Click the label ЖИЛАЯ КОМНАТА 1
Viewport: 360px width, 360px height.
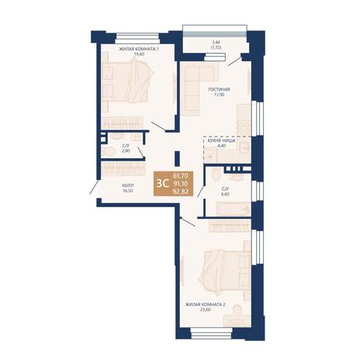[x=139, y=49]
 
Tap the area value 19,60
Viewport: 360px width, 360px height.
[x=139, y=54]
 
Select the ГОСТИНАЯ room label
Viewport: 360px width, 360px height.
[x=219, y=89]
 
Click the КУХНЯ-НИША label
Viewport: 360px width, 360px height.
[x=222, y=140]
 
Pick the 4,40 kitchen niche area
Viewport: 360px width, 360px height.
[x=222, y=146]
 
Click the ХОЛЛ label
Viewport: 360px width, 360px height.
[x=127, y=185]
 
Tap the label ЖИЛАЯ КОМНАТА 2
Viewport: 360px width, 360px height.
[x=206, y=304]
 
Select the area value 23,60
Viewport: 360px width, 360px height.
[x=206, y=310]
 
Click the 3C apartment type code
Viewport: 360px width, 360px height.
[x=161, y=183]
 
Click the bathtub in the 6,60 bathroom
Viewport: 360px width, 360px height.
[x=233, y=209]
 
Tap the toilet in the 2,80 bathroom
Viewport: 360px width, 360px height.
[x=108, y=151]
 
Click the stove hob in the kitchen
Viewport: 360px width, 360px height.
[x=244, y=127]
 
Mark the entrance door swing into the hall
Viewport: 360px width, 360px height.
[x=94, y=187]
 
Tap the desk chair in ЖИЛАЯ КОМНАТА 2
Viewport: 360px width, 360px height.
[x=237, y=309]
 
